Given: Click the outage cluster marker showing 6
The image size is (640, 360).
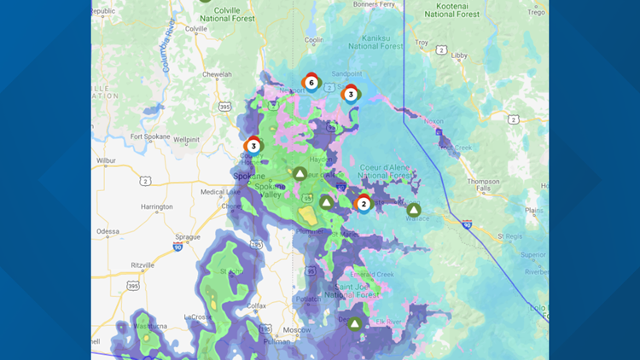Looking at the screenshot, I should [311, 83].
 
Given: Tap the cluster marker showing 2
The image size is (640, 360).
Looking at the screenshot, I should [364, 203].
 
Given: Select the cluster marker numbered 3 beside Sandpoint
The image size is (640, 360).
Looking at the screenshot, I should [351, 94].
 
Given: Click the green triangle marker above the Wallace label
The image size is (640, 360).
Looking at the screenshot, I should [414, 209].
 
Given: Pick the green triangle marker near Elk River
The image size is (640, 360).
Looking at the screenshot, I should [355, 323].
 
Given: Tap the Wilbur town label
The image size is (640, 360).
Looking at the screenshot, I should [107, 159].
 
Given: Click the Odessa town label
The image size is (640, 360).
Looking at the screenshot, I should [108, 230].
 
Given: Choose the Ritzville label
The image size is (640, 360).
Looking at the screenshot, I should [140, 264].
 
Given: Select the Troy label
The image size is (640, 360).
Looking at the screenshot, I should [421, 42].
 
